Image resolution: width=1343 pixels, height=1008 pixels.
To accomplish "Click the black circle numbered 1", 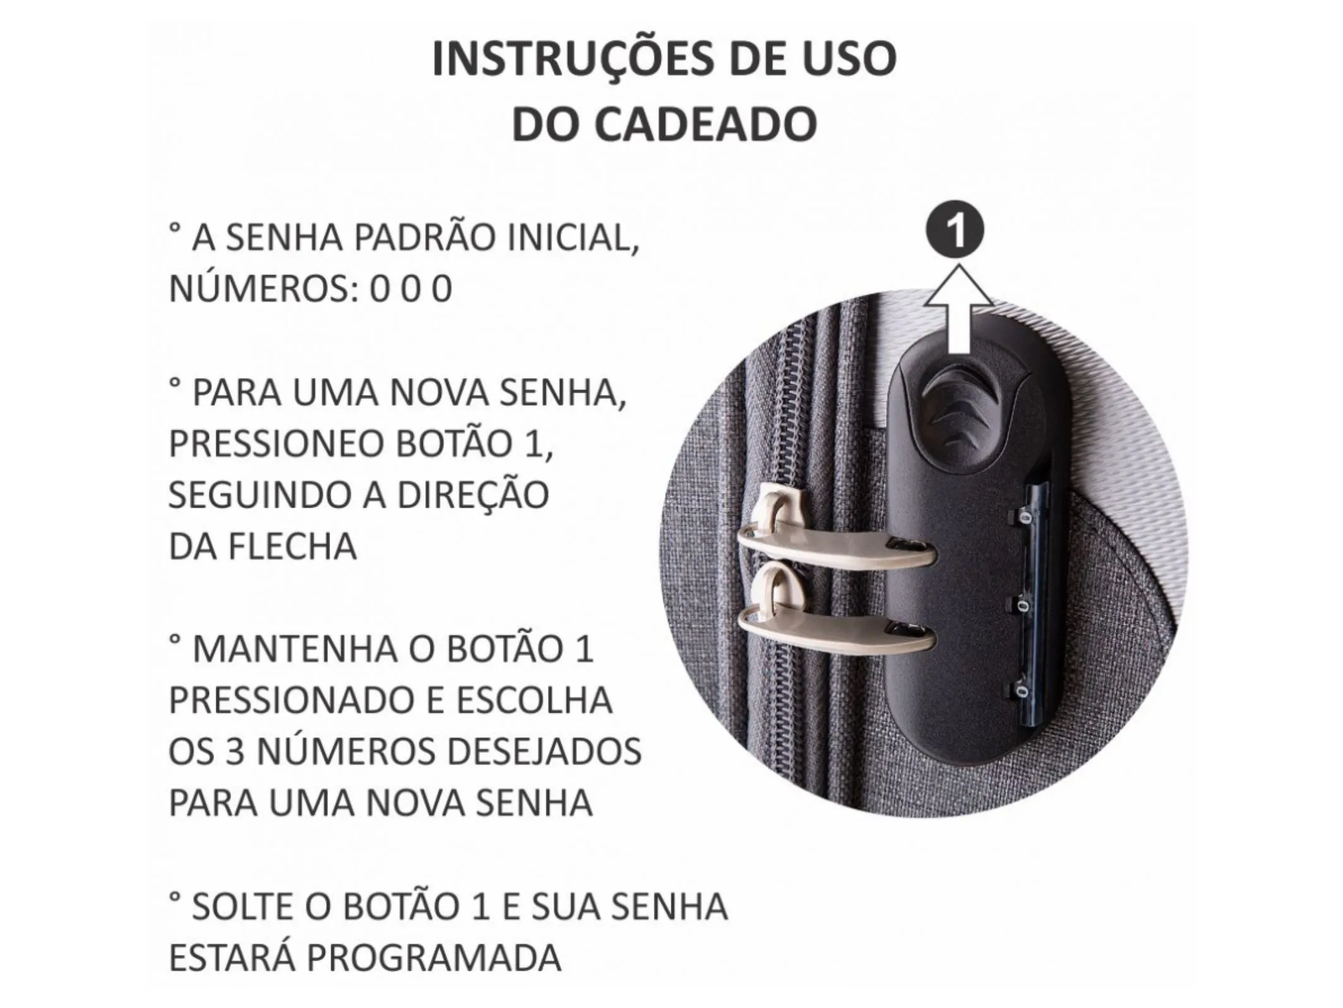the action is coord(955,231).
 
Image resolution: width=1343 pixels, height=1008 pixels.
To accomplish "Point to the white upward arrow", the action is coord(959,308).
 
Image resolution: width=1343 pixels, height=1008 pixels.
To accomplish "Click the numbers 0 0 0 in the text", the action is coord(411,290).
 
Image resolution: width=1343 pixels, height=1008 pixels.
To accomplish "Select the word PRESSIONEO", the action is coord(276,444).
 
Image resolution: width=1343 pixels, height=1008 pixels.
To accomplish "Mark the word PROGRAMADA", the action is coord(434,958).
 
